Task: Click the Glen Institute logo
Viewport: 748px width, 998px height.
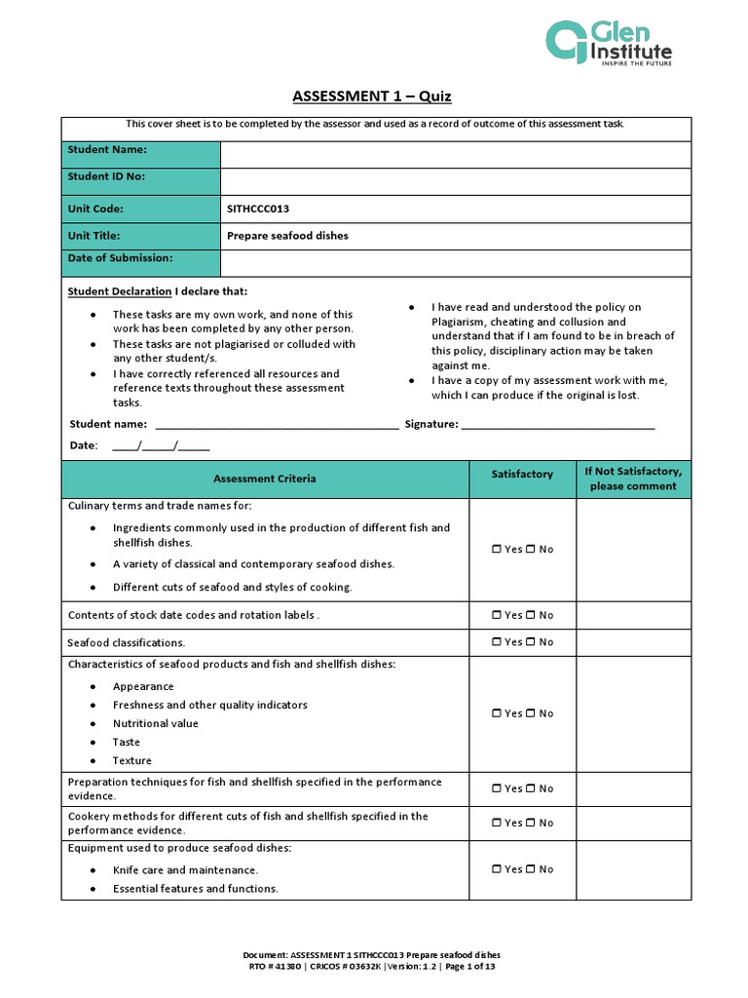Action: point(609,44)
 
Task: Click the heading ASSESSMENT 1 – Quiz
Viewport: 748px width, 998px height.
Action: point(372,96)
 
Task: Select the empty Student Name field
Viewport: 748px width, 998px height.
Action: point(456,155)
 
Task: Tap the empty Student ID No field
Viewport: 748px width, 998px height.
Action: point(456,182)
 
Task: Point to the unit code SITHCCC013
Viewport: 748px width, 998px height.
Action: point(258,209)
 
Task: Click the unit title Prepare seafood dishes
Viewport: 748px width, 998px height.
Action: point(287,236)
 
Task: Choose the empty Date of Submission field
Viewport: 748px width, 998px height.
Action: point(456,263)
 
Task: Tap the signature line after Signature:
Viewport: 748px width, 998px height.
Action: point(557,425)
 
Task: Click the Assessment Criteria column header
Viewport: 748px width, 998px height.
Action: point(265,479)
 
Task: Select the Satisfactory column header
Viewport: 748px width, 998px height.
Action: point(522,475)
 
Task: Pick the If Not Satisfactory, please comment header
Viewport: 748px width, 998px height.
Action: point(633,479)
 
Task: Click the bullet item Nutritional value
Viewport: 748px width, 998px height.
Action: point(155,723)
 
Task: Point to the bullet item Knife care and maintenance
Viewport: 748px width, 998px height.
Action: point(185,869)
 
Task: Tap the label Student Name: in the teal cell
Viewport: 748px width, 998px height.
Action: point(107,150)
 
